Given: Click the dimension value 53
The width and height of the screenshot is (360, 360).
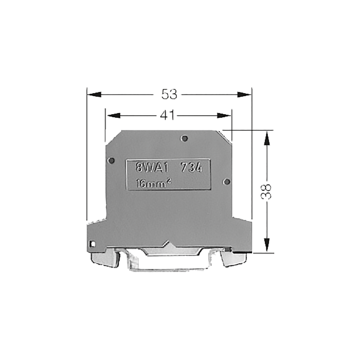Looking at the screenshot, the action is pos(169,94).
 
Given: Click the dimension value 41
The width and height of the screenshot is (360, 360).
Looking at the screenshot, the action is pos(167,115).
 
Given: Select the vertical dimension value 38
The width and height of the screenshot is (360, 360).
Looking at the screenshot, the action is pos(266,191).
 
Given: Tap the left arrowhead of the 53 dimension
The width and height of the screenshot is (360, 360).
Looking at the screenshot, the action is pos(94,94).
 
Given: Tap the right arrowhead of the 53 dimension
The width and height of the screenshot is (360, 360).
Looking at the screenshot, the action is pos(244,94).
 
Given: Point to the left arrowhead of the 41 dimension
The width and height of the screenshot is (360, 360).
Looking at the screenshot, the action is pos(113,116).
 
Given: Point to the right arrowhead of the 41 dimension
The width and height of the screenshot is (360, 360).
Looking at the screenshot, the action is pos(224,116).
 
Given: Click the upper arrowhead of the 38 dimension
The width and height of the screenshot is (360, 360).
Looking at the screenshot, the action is pos(266,138).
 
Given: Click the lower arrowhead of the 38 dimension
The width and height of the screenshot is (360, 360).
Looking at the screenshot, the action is pos(266,245).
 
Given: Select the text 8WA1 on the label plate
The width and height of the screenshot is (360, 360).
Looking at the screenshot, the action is pos(152,168).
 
